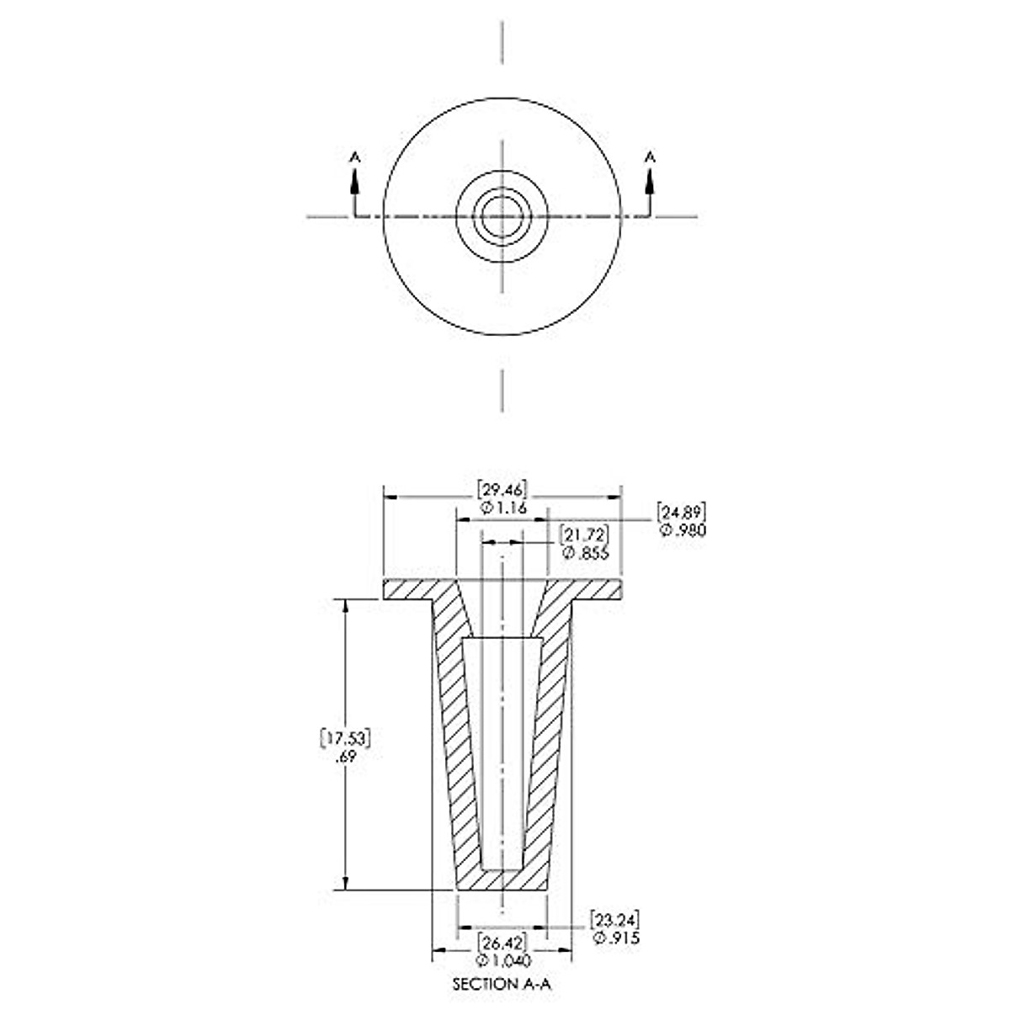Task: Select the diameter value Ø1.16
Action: point(502,508)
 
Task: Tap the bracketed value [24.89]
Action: point(681,512)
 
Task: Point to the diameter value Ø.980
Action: point(683,529)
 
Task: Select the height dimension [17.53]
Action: point(346,737)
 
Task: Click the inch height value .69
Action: point(346,756)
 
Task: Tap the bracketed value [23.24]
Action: point(614,919)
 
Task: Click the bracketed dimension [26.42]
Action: point(502,942)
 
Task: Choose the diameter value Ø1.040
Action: point(502,960)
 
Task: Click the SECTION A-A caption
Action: point(502,983)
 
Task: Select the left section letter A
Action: point(354,156)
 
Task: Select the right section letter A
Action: point(649,156)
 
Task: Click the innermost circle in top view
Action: point(502,216)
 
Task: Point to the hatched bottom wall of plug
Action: point(502,880)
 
